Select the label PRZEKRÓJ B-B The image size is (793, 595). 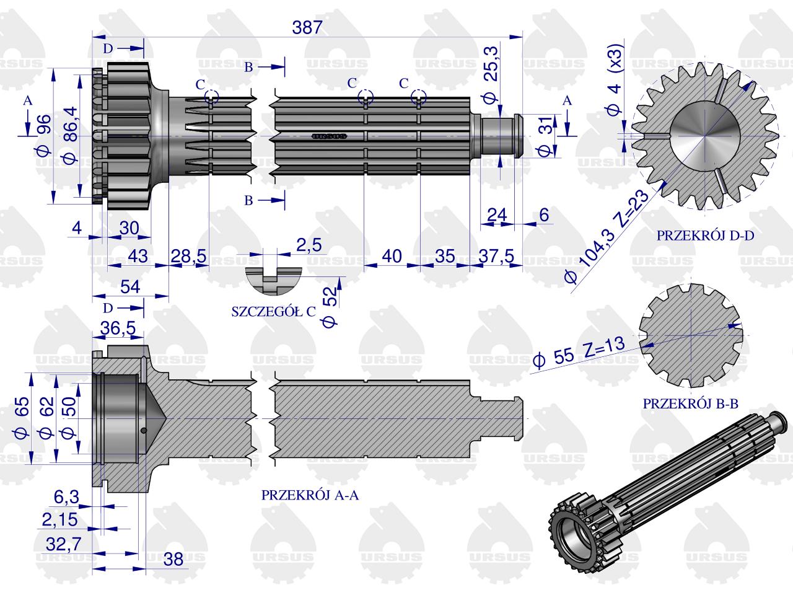click(691, 403)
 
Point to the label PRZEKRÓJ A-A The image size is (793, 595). click(310, 495)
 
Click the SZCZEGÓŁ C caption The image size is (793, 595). click(273, 311)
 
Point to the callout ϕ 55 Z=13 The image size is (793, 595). click(578, 353)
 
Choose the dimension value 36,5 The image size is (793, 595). click(118, 328)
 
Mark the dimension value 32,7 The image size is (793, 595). click(64, 544)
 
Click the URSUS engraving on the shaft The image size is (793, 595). click(329, 135)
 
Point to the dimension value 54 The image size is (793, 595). click(128, 287)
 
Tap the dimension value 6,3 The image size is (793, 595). click(66, 496)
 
